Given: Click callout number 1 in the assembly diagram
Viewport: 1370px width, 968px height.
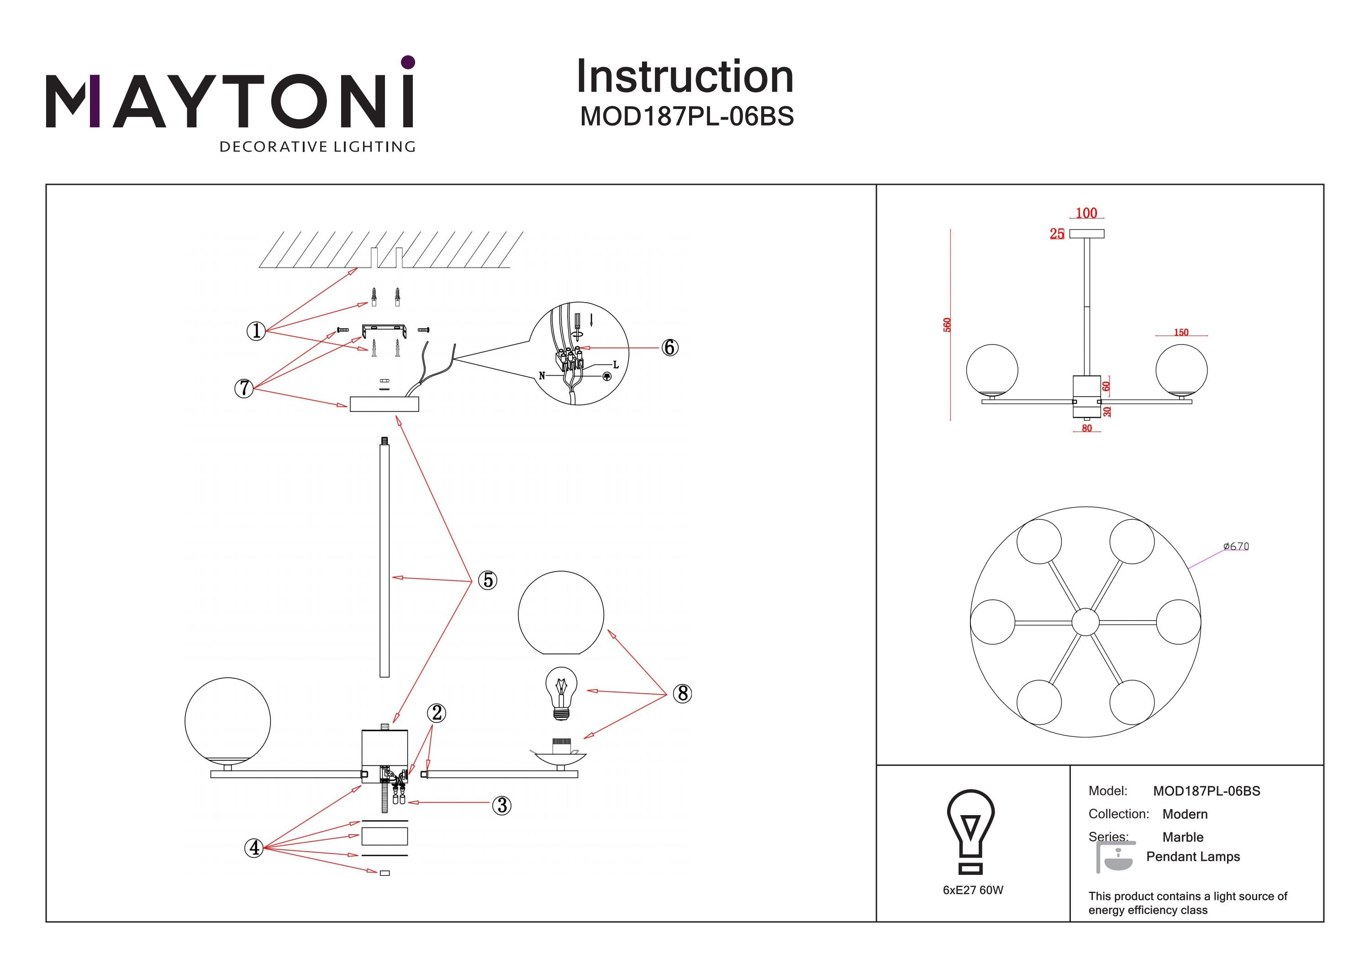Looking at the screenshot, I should (256, 330).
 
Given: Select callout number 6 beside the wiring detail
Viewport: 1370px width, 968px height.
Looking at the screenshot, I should (669, 347).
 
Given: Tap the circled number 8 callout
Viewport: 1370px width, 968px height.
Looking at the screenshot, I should (683, 693).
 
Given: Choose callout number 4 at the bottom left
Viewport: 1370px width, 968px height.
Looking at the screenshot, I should (254, 848).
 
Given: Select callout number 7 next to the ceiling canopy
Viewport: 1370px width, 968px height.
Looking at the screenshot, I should (243, 388).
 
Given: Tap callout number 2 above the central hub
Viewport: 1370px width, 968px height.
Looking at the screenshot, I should (436, 713).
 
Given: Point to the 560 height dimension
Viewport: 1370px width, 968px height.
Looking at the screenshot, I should (947, 325).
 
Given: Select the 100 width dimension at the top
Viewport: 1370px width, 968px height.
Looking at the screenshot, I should (1086, 213).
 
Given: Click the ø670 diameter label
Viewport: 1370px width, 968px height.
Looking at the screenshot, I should (1236, 546).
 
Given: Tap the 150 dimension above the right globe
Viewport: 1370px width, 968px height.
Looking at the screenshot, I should (1181, 332).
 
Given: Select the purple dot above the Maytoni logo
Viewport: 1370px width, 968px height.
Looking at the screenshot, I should (408, 62).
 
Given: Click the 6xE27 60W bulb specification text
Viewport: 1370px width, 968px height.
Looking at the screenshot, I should (973, 890).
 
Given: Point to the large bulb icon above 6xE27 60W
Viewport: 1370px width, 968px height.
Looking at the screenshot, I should (970, 830).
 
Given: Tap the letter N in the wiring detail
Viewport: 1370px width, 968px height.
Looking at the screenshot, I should (542, 376).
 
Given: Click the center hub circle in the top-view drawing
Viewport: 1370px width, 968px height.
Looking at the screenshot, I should (1085, 622).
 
